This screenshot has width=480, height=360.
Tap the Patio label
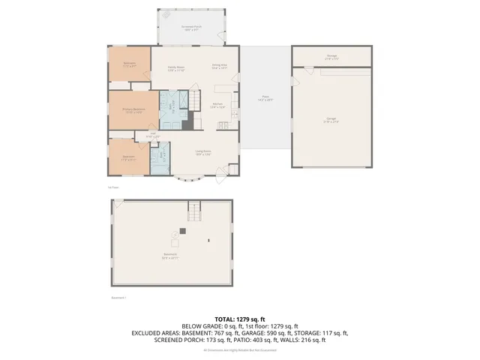(265, 97)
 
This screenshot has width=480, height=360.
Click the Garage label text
(331, 119)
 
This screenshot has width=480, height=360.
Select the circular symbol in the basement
(175, 234)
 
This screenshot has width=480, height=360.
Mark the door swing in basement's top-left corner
(118, 202)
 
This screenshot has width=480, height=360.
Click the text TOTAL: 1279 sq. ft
(240, 319)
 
